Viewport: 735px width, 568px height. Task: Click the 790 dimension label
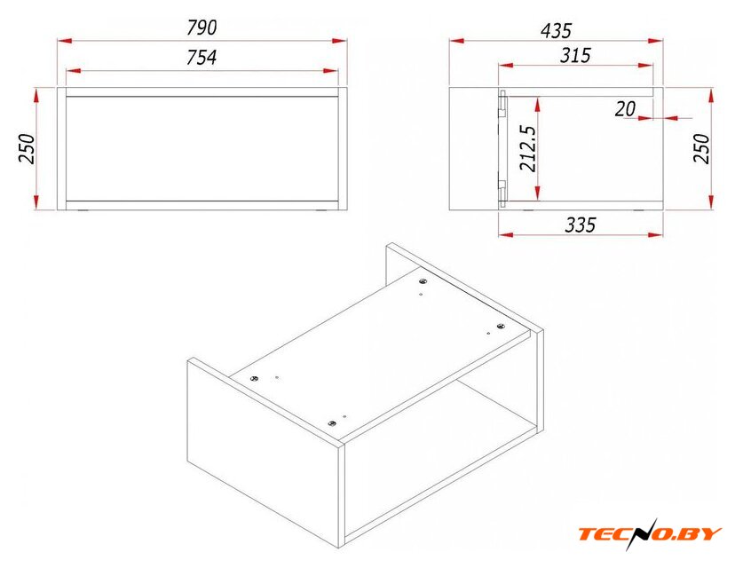(x=202, y=28)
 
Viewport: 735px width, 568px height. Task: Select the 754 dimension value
(x=202, y=57)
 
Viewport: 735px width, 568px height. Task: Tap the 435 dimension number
(x=556, y=31)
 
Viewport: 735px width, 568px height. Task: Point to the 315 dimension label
(x=575, y=55)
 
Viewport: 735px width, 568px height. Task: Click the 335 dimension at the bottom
(x=581, y=225)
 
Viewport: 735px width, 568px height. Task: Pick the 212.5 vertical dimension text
(x=528, y=148)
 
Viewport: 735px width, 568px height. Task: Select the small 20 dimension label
(x=625, y=109)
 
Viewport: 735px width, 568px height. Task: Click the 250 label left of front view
(x=27, y=148)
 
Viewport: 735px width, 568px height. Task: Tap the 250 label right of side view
(x=702, y=148)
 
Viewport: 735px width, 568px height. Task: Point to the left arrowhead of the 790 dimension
(x=65, y=41)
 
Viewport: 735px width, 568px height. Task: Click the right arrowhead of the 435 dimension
(x=655, y=41)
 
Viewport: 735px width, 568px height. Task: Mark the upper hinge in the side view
(x=502, y=103)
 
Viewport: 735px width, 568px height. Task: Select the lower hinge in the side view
(x=502, y=193)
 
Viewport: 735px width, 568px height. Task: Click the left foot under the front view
(x=83, y=211)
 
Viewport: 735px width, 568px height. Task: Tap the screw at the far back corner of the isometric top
(x=423, y=281)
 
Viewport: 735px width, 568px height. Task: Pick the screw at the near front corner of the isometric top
(x=332, y=423)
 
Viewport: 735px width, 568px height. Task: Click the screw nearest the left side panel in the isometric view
(x=255, y=378)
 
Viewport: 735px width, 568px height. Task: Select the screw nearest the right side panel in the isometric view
(x=501, y=327)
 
